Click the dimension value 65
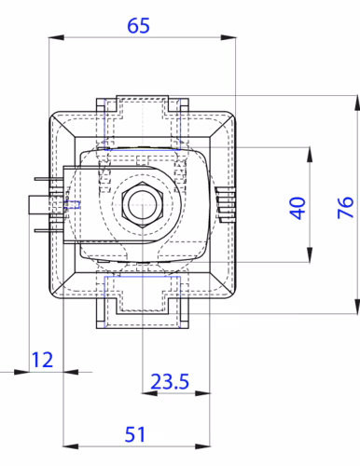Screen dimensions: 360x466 [138, 25]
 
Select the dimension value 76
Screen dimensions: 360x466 [346, 207]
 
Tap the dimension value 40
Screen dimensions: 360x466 [298, 208]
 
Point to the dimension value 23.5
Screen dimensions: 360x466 [170, 381]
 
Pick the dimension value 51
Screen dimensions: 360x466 [135, 434]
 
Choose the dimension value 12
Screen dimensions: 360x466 [42, 360]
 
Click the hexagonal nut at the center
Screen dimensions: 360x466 [143, 205]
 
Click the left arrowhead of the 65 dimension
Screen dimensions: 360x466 [57, 37]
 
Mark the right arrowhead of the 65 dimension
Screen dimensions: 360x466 [228, 37]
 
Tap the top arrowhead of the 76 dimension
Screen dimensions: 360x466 [357, 103]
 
